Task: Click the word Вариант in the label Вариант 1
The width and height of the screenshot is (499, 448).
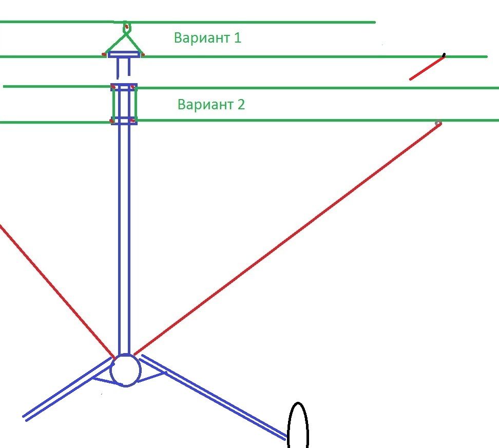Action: pyautogui.click(x=202, y=37)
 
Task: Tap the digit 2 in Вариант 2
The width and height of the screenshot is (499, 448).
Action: pyautogui.click(x=241, y=104)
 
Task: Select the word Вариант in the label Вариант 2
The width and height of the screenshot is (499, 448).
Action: pyautogui.click(x=205, y=104)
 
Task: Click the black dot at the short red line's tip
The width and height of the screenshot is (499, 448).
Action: pyautogui.click(x=444, y=55)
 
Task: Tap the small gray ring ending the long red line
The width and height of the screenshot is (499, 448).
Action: pyautogui.click(x=438, y=124)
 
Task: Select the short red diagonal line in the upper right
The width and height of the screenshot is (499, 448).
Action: pyautogui.click(x=427, y=68)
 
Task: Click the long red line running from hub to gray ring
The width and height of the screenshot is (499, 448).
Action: pyautogui.click(x=286, y=239)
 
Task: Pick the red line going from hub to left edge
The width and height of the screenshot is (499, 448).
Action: pyautogui.click(x=57, y=291)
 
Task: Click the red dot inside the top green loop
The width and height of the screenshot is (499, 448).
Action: pyautogui.click(x=127, y=26)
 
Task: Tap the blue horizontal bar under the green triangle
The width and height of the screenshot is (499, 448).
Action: pyautogui.click(x=124, y=55)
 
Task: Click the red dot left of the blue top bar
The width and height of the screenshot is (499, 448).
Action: pyautogui.click(x=104, y=55)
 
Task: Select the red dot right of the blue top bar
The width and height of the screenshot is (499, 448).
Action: pyautogui.click(x=143, y=55)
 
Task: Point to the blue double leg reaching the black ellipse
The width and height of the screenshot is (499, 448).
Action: pyautogui.click(x=213, y=397)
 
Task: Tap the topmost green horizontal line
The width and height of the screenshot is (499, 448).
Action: pyautogui.click(x=188, y=22)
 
